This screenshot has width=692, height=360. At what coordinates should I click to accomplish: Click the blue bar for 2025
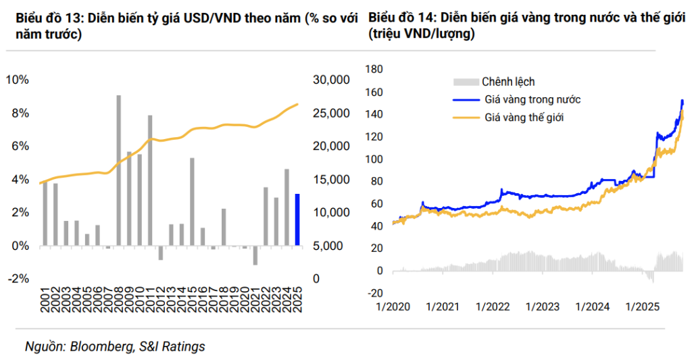tap(297, 220)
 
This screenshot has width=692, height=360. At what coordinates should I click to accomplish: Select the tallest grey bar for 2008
tap(119, 170)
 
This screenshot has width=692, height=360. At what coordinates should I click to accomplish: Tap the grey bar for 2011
tap(150, 180)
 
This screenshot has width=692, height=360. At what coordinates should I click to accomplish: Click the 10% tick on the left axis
tap(18, 80)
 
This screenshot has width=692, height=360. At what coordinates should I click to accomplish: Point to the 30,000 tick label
tap(331, 80)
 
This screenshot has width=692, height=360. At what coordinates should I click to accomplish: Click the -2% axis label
tap(18, 279)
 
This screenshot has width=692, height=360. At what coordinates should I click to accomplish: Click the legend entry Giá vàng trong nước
tap(533, 99)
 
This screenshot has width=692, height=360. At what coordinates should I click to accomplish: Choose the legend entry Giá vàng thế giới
tap(524, 117)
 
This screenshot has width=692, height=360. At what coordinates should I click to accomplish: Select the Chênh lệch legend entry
tap(508, 82)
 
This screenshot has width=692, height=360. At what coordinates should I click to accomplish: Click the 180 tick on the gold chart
tap(374, 69)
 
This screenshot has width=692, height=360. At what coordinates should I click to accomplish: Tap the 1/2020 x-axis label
tap(392, 306)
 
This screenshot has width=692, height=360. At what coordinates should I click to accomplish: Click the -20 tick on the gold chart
tap(374, 292)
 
